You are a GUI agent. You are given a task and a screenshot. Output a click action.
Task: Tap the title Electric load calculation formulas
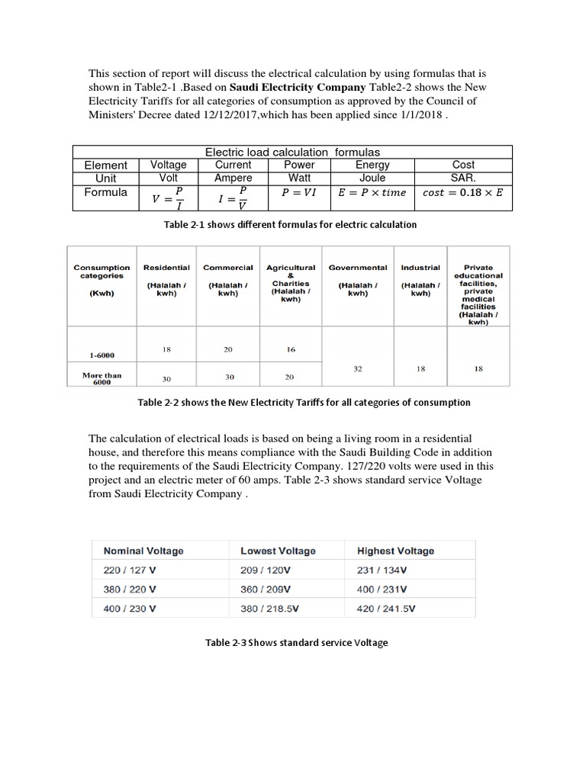[293, 152]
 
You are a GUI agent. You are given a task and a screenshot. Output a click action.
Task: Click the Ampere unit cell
[233, 178]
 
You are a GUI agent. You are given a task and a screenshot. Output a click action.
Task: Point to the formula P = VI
[298, 192]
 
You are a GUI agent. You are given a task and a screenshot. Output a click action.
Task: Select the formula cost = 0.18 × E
[462, 193]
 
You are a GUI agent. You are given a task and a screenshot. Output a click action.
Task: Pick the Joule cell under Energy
[372, 178]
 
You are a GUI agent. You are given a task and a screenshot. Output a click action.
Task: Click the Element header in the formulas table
[105, 165]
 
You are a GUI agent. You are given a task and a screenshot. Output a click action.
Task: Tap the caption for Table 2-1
[290, 224]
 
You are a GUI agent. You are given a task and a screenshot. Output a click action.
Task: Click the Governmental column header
[358, 268]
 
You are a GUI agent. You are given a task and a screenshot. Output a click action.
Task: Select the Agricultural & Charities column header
[291, 283]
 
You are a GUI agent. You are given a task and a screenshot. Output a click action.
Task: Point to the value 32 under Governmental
[358, 368]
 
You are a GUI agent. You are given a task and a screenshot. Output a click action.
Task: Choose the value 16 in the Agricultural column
[291, 349]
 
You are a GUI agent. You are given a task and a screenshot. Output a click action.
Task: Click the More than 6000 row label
[101, 379]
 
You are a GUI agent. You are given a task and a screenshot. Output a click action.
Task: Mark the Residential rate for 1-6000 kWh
[166, 349]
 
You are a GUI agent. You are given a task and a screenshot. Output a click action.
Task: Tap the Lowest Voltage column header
[278, 551]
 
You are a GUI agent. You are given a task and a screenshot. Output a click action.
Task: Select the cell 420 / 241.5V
[386, 609]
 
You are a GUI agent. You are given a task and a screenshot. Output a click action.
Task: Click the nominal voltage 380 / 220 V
[130, 590]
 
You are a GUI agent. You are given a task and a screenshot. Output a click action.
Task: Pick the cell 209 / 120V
[266, 570]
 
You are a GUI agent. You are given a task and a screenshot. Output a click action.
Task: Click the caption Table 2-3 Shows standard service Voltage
[297, 643]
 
